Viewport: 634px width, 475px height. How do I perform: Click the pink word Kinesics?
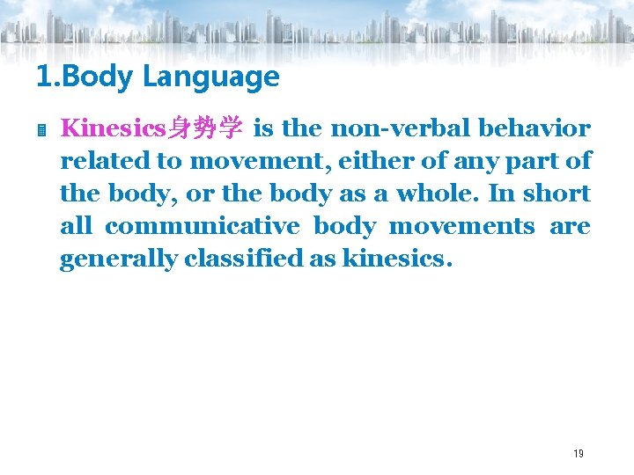(114, 128)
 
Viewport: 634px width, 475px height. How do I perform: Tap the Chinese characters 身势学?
(205, 129)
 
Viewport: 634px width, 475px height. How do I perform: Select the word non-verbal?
(401, 128)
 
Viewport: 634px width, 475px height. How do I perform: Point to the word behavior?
(534, 128)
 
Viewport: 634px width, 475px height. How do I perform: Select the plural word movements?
(461, 226)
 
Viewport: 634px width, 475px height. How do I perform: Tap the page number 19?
(578, 453)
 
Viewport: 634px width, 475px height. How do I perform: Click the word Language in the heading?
(210, 77)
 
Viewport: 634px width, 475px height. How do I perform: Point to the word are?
(570, 227)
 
